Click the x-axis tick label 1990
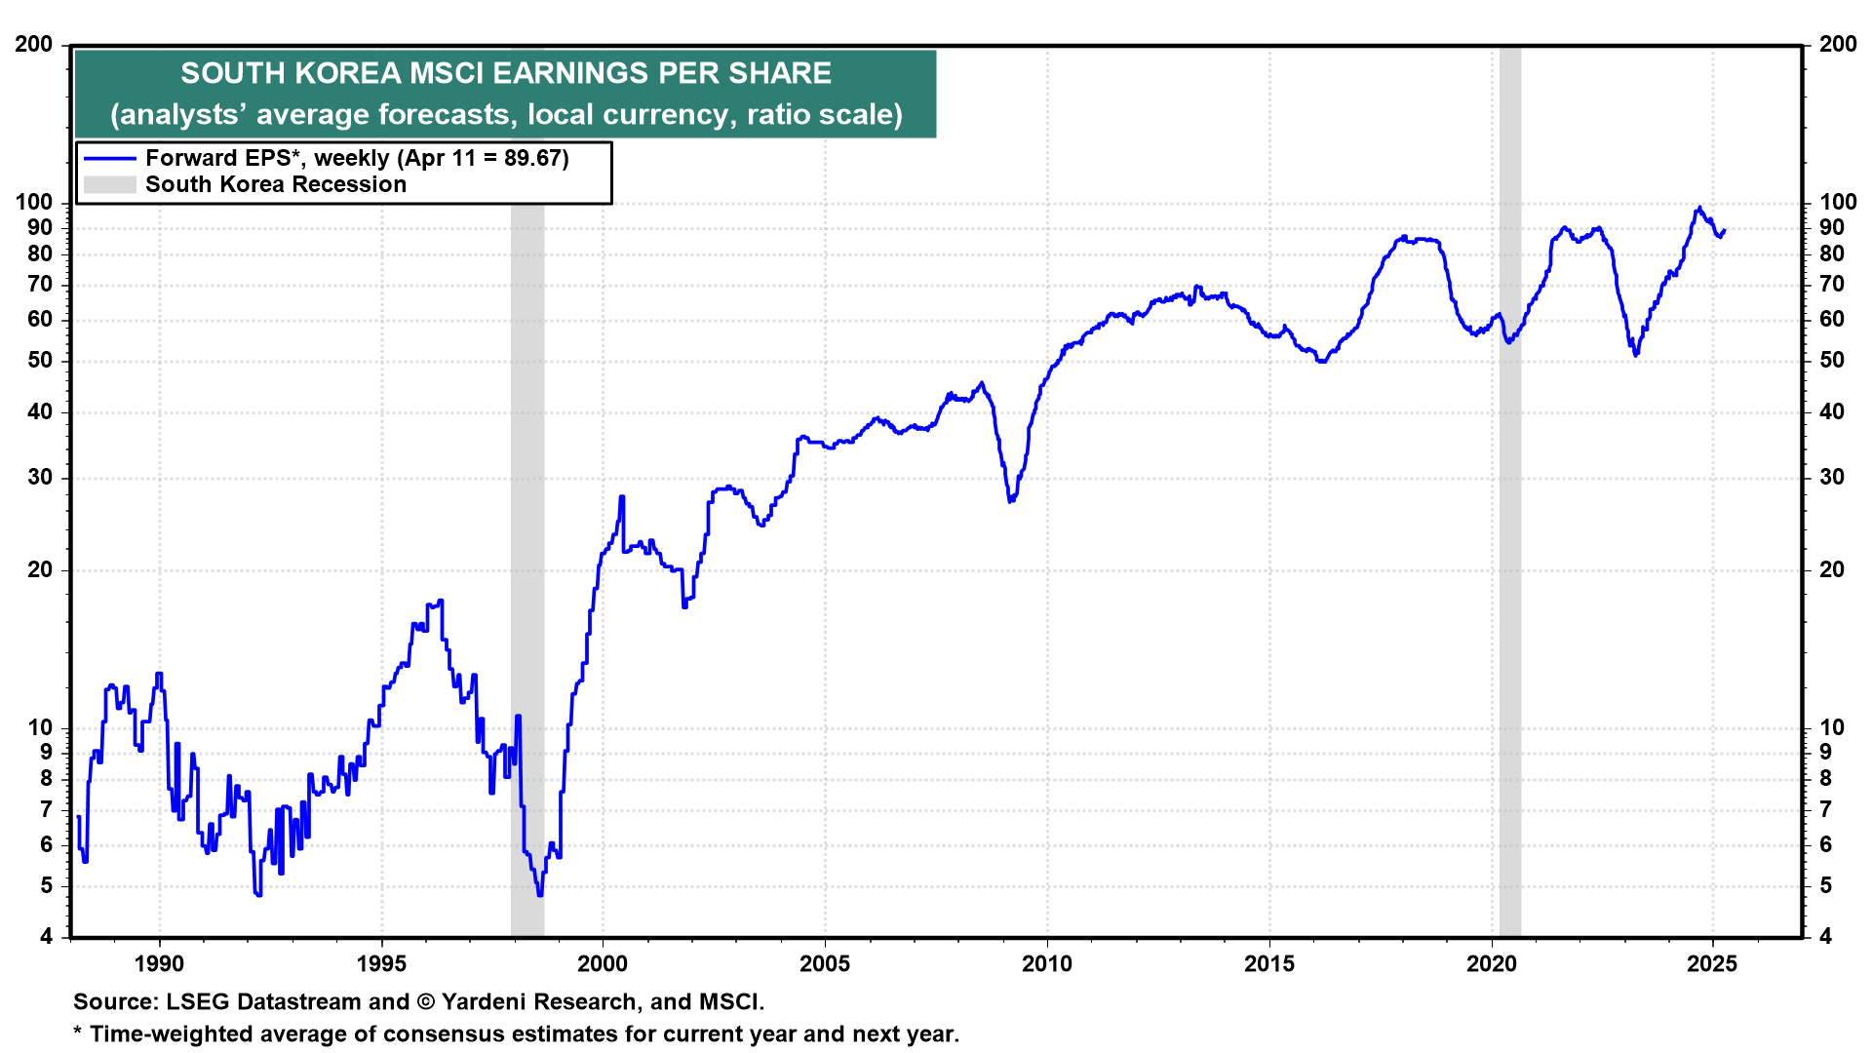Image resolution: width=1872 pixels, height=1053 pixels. coord(159,964)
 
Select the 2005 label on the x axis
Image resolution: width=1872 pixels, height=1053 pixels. coord(825,964)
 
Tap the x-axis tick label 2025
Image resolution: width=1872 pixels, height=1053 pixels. coord(1712,964)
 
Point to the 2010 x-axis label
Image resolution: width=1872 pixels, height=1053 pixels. coord(1047,964)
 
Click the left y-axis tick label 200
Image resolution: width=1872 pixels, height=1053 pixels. coord(34,44)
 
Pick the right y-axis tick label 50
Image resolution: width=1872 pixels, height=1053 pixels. coord(1832,360)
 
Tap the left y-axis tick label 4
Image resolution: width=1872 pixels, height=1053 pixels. coord(47,937)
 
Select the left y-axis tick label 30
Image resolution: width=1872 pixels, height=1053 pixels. coord(40,477)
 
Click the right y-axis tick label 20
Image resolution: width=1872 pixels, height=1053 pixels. coord(1832,569)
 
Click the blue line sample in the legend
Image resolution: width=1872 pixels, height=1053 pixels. coord(109,158)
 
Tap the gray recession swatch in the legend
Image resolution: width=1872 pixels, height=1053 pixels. coord(109,184)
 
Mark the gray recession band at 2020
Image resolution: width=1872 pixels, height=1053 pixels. coord(1509,585)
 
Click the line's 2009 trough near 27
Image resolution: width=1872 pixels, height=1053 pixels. coord(1011,500)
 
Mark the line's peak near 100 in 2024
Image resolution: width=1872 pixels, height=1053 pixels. coord(1699,208)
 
